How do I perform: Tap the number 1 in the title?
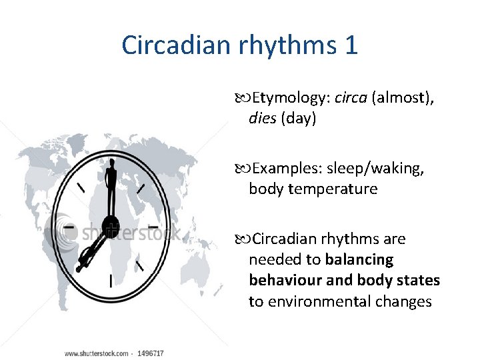(351, 45)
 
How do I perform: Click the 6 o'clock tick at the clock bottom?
(110, 279)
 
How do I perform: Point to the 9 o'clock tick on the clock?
(67, 227)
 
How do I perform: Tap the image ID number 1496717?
(151, 353)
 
